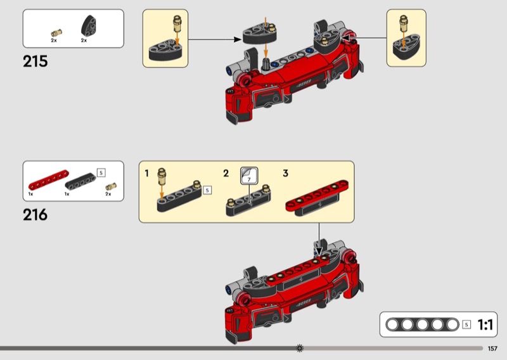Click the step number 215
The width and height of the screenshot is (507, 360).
tap(35, 61)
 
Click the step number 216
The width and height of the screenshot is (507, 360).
tap(35, 215)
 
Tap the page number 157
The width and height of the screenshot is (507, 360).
tap(492, 349)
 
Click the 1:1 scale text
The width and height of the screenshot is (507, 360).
tap(485, 325)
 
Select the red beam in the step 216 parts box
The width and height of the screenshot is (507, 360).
tap(49, 180)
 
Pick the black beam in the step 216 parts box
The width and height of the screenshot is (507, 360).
tap(80, 181)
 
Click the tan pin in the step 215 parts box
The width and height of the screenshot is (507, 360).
tap(56, 33)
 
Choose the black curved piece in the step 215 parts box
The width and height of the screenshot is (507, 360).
tap(88, 26)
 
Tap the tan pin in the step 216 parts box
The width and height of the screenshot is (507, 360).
tap(110, 186)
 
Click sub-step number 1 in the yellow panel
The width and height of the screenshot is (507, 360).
tap(147, 174)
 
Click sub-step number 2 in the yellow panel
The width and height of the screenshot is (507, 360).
tap(226, 174)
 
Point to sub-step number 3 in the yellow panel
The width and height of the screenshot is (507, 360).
tap(286, 174)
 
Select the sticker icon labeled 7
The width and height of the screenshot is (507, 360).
tap(249, 176)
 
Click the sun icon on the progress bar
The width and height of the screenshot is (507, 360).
tap(300, 348)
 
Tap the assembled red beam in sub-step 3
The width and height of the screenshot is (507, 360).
tap(317, 196)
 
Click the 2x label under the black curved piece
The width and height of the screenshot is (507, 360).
tap(84, 41)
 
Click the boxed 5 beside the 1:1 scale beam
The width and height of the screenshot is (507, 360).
tap(466, 325)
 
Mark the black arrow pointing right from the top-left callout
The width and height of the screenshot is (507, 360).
tap(215, 39)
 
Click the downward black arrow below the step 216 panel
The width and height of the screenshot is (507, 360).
tap(319, 240)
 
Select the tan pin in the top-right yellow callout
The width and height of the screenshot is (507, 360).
tap(403, 23)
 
